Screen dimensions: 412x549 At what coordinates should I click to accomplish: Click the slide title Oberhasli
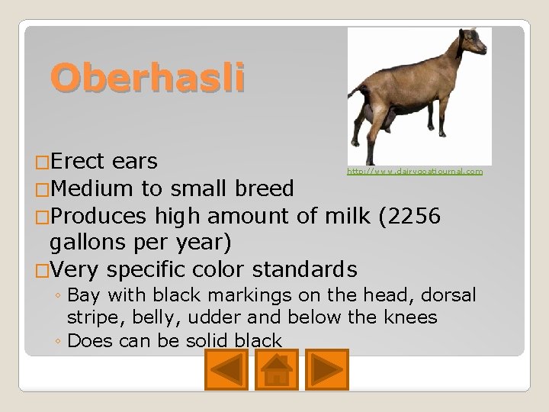tap(148, 79)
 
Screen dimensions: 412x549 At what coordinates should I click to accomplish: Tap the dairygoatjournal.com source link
tap(415, 172)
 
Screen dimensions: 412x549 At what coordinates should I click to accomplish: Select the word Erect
tap(79, 162)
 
